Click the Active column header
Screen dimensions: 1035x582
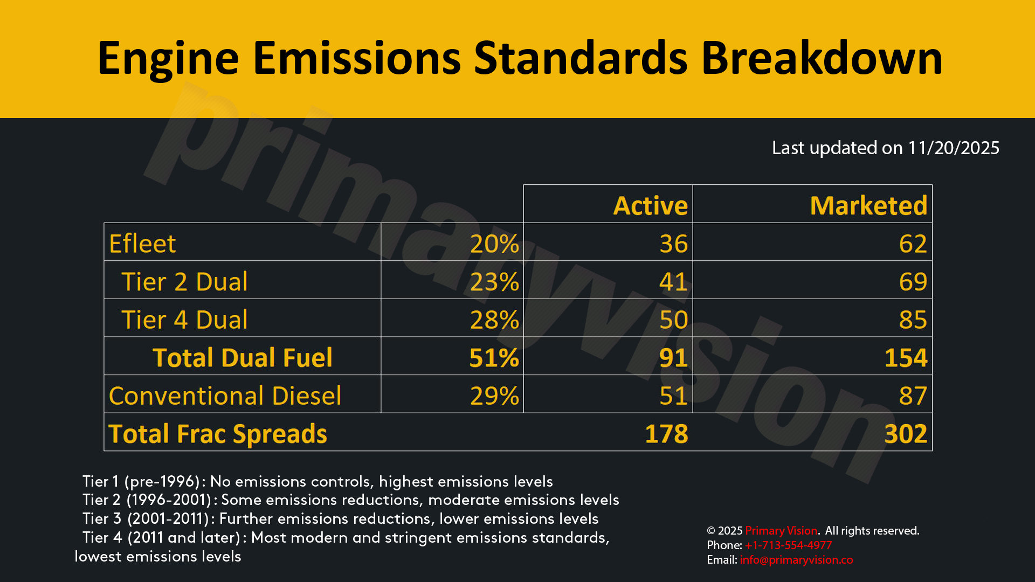[x=651, y=206]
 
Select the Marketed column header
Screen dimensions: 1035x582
[x=868, y=206]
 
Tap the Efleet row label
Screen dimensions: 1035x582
[x=142, y=244]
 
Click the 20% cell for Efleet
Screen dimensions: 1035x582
[x=494, y=244]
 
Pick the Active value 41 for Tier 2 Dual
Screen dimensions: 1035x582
[x=674, y=282]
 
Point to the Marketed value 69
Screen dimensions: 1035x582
[x=913, y=282]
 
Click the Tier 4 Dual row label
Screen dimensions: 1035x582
[x=184, y=320]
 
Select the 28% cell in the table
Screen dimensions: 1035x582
[x=494, y=320]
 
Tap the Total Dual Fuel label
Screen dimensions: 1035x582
[x=243, y=358]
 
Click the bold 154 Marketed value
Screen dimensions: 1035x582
[x=906, y=358]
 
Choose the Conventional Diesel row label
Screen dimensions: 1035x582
[x=225, y=396]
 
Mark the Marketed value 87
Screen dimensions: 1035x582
[x=913, y=396]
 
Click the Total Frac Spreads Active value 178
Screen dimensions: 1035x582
[x=667, y=434]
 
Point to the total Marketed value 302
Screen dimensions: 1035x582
[x=906, y=434]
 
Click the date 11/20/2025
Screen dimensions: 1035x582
[x=954, y=148]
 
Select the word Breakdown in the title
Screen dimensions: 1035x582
[x=822, y=58]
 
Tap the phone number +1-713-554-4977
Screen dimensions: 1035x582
[x=789, y=545]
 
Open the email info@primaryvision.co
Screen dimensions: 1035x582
[x=796, y=560]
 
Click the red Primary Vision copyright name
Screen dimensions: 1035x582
[x=781, y=531]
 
